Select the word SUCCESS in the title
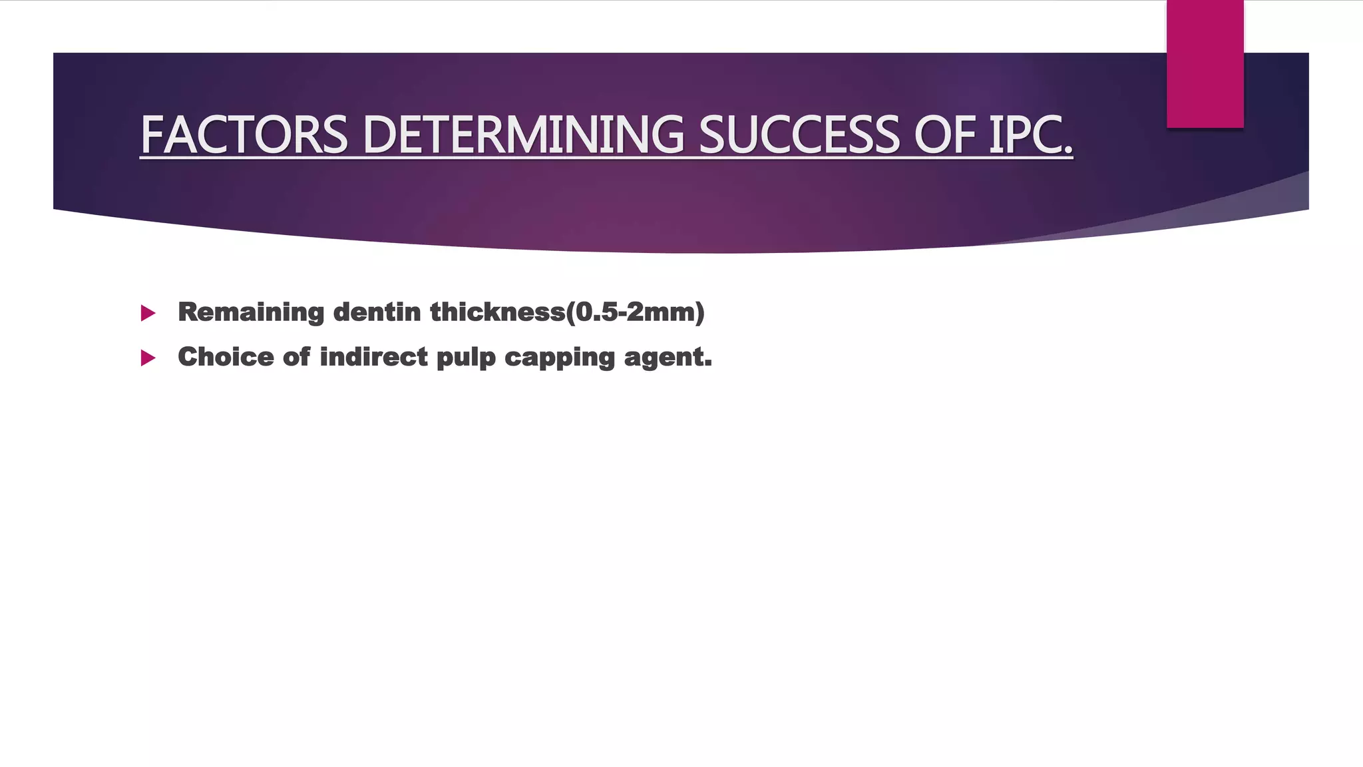(799, 135)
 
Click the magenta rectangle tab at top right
(1205, 64)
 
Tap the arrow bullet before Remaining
(148, 313)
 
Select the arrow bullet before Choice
(148, 358)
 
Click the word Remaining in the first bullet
(251, 312)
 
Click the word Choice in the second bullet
(226, 357)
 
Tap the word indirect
(373, 357)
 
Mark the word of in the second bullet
(296, 357)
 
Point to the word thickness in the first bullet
(497, 312)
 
